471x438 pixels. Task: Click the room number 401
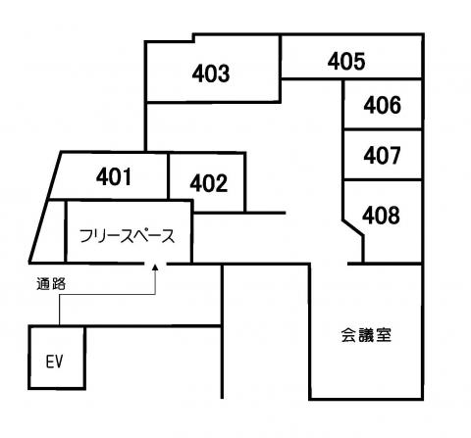click(114, 176)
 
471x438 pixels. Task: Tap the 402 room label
click(209, 183)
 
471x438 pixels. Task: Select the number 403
click(211, 73)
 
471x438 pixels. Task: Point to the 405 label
click(346, 61)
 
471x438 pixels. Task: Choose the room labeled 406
click(382, 105)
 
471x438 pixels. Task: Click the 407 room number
click(382, 155)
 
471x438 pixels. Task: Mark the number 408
click(381, 216)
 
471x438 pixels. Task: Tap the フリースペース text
click(128, 236)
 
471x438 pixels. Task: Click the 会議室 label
click(366, 335)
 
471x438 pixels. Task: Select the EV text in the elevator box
click(54, 362)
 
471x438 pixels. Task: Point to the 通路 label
click(51, 284)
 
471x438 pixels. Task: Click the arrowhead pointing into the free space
click(155, 267)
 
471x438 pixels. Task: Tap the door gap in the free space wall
click(156, 263)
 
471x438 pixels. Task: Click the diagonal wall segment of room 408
click(352, 227)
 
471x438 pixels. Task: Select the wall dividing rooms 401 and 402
click(168, 175)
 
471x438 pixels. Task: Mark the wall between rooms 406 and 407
click(383, 129)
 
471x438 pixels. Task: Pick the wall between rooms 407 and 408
click(383, 179)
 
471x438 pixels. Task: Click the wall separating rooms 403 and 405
click(280, 68)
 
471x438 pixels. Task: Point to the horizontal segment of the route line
click(107, 295)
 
